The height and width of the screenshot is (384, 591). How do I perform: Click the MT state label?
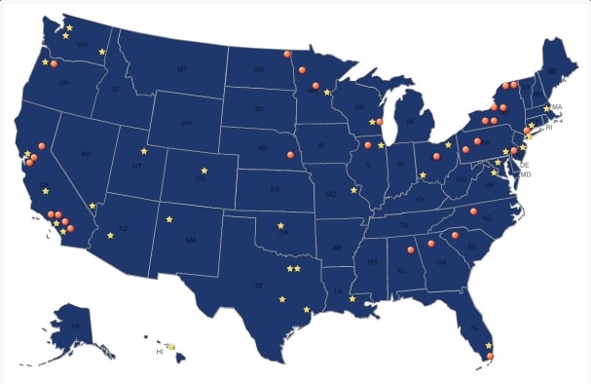coord(181,69)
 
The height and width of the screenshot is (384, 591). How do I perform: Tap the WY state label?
coord(188,125)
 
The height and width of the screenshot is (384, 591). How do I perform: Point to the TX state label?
coord(258,286)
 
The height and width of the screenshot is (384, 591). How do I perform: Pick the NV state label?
coord(85,155)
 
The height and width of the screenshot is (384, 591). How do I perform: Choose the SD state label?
coord(258,109)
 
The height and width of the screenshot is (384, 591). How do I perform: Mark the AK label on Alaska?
coord(74,326)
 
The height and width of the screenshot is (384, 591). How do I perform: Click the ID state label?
coord(116,90)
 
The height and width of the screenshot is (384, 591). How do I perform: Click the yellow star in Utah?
coord(144,151)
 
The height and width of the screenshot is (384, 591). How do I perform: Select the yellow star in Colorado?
coord(203,171)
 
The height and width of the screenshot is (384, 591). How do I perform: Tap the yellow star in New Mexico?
coord(169,219)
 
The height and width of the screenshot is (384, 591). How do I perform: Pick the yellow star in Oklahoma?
coord(281,225)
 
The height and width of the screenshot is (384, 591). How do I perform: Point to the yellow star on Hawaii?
coord(170,346)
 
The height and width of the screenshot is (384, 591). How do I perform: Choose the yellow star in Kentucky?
coord(423,175)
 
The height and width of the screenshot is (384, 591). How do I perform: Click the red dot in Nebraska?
coord(289,154)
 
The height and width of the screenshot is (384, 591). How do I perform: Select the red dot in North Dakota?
coord(287,54)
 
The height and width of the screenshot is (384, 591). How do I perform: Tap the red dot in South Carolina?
coord(455,235)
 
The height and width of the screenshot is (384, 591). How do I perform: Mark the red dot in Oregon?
coord(55,64)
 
